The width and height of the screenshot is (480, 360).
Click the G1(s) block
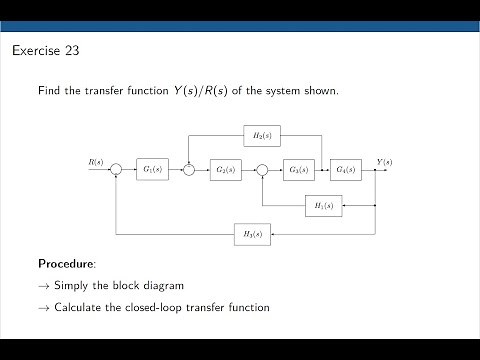(x=151, y=170)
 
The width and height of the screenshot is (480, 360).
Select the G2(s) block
(x=224, y=170)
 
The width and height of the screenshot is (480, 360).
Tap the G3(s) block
(x=298, y=170)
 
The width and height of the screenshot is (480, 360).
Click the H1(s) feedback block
(x=323, y=205)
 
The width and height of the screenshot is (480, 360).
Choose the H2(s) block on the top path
(x=262, y=134)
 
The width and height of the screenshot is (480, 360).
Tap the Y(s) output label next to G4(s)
(x=384, y=161)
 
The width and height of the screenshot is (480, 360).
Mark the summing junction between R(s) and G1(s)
(x=116, y=170)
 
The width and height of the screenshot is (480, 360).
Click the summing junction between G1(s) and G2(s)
(x=189, y=170)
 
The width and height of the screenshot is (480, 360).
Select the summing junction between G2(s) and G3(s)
(x=262, y=170)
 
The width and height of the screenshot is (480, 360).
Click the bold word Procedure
(x=66, y=264)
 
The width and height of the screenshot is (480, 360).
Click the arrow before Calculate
(x=44, y=308)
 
